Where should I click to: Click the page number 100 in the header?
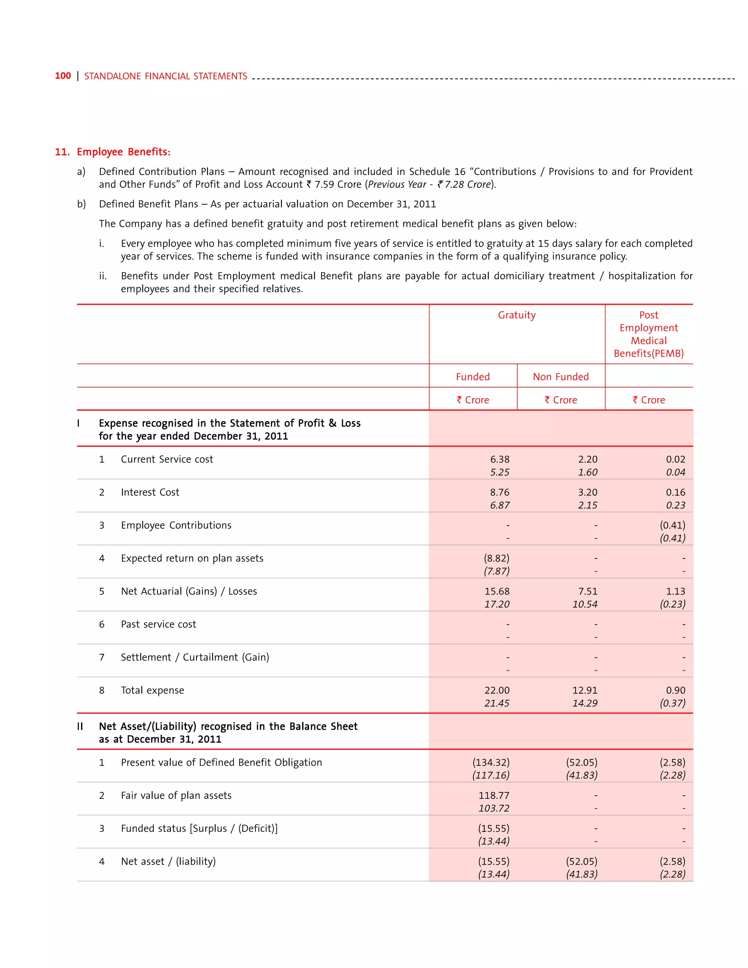point(62,76)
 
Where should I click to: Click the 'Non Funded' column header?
point(561,377)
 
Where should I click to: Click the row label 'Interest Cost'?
point(150,492)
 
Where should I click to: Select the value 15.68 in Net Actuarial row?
point(497,591)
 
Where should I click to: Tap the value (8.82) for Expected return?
point(496,559)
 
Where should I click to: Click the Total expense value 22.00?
point(497,690)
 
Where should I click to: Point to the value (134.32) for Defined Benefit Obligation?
point(491,762)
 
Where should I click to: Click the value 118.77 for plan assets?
point(494,795)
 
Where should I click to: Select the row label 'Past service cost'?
point(158,624)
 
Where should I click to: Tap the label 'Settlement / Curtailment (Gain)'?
point(195,657)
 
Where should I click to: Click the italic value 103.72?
point(494,808)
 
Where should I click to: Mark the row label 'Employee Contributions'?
point(176,525)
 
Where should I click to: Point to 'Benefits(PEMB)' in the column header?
point(648,353)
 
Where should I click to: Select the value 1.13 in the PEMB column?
point(675,591)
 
